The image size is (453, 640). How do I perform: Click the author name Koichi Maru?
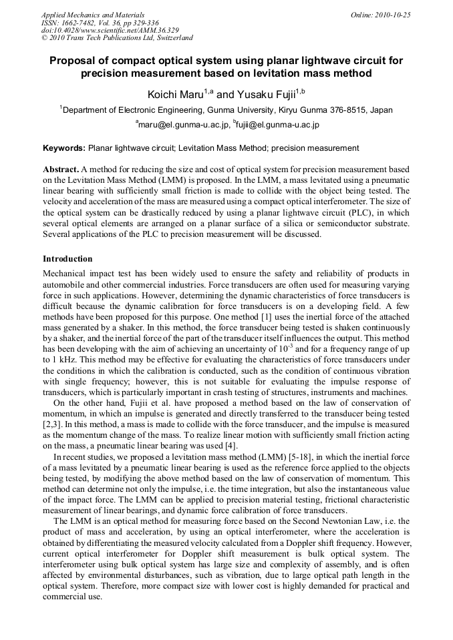[174, 95]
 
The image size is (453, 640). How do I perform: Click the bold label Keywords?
[64, 148]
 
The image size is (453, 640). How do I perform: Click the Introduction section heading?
[67, 258]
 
